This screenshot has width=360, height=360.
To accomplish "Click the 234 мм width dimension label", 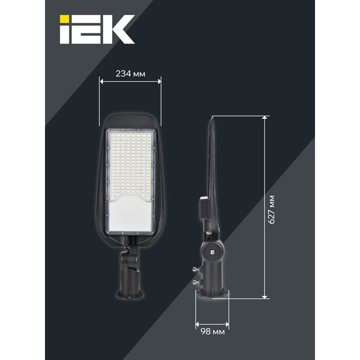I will click(130, 74).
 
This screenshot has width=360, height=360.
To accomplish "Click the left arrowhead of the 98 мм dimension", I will click(198, 324).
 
